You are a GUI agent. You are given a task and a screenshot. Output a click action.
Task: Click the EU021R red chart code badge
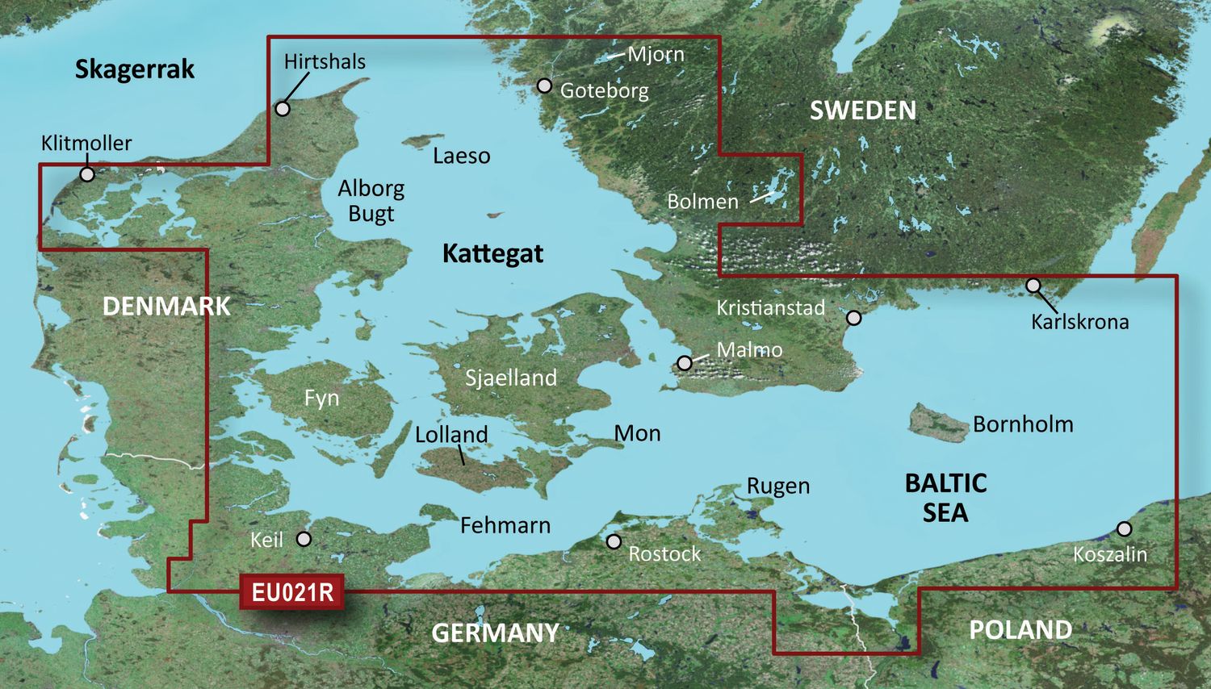pos(292,592)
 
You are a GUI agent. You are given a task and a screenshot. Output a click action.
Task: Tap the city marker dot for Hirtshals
pos(283,108)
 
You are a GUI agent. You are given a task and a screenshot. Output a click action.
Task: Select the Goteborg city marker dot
pos(545,86)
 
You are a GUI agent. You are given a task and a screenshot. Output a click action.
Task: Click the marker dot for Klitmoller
pos(87,174)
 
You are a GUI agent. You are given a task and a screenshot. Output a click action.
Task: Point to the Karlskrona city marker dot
pos(1033,286)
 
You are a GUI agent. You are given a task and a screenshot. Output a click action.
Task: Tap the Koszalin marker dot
pos(1124,529)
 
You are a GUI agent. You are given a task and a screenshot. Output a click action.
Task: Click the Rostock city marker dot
pos(614,541)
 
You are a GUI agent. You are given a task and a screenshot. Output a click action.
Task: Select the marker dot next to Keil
pos(304,538)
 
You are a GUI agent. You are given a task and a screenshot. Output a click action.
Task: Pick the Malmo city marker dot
pos(685,363)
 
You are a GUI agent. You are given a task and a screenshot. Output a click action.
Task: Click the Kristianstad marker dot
pos(853,318)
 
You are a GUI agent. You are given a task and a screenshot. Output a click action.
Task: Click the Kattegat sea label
pos(492,253)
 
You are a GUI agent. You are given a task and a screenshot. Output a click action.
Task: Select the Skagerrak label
pos(135,69)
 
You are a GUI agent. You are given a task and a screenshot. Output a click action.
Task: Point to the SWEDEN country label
pos(863,111)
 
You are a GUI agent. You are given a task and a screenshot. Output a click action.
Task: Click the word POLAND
pos(1020,629)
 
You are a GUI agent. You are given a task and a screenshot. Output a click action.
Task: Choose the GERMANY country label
pos(495,633)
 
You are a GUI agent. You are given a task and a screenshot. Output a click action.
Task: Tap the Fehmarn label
pos(505,525)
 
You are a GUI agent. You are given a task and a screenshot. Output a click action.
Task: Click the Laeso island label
pos(461,156)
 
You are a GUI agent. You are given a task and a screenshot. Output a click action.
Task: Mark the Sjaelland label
pos(511,378)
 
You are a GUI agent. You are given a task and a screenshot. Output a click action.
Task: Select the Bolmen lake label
pos(702,201)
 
